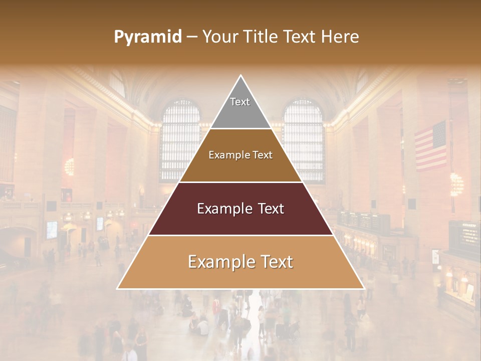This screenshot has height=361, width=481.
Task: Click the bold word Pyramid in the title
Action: tap(147, 37)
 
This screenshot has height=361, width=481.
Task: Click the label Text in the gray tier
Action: tap(240, 102)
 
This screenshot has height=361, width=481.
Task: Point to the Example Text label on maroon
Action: tap(241, 209)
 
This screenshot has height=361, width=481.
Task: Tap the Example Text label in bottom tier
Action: tap(241, 262)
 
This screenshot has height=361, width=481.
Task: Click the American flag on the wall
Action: tap(430, 146)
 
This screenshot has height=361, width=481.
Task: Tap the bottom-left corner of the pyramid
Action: tap(118, 288)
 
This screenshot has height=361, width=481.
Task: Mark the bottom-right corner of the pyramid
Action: tap(364, 288)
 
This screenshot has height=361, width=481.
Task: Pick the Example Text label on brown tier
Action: tap(241, 155)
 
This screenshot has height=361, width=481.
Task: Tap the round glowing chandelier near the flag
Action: tap(456, 184)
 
